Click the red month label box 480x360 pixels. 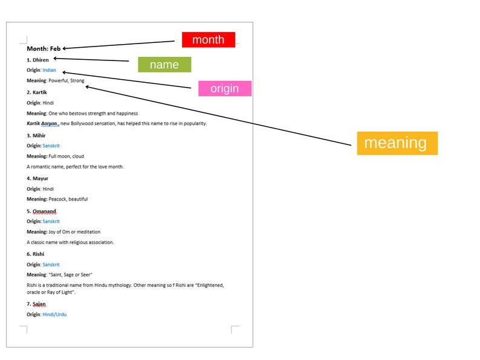(x=209, y=40)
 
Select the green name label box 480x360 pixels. (x=164, y=65)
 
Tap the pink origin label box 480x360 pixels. (x=225, y=88)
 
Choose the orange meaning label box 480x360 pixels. (x=397, y=143)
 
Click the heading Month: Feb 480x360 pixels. (x=44, y=49)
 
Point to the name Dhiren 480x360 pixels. (x=41, y=60)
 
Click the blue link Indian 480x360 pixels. (x=50, y=70)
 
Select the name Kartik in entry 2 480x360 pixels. (x=40, y=92)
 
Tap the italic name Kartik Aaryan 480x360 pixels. (x=42, y=124)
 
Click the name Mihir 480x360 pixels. (x=39, y=135)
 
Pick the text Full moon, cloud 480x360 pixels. (x=66, y=156)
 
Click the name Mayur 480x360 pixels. (x=41, y=178)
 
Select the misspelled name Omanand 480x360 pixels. (x=44, y=211)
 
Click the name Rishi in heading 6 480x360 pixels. (x=38, y=254)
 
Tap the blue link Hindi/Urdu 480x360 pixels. (x=54, y=315)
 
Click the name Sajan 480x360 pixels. (x=39, y=304)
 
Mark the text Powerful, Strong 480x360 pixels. (x=66, y=81)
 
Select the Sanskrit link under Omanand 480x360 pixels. (x=51, y=222)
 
